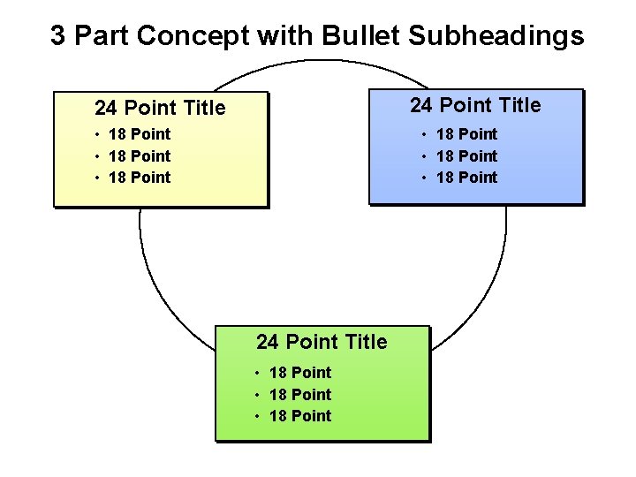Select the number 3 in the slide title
pos(57,36)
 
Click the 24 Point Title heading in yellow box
pos(160,109)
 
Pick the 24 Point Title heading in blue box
pos(475,106)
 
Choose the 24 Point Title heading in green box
pos(322,342)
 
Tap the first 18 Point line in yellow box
pos(139,134)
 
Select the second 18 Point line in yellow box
pos(139,156)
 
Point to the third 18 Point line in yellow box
pos(139,178)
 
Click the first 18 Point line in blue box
pos(466,134)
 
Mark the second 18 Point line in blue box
pos(466,156)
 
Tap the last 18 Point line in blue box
pos(466,178)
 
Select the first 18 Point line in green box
pos(299,373)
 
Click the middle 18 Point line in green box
pos(299,395)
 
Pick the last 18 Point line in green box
pos(299,416)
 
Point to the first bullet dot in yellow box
pos(96,135)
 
